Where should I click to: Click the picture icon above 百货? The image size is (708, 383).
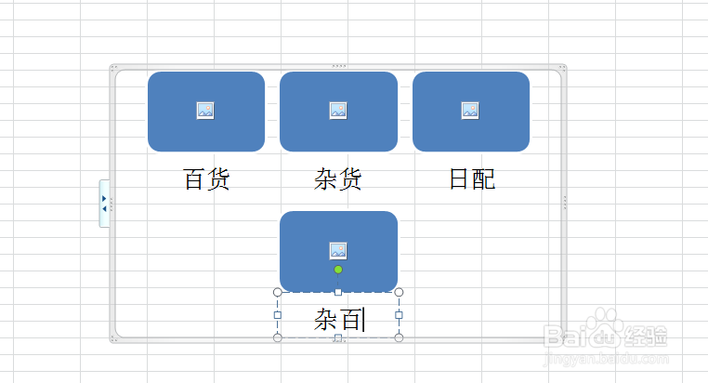pos(205,111)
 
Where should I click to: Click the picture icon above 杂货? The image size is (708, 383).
pos(338,111)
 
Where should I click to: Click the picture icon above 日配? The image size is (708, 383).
pos(470,111)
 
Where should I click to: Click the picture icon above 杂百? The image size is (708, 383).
pos(338,251)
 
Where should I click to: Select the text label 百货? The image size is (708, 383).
pos(207,178)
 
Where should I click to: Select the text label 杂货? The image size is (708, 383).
pos(338,178)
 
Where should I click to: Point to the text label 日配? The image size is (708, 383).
pos(472,178)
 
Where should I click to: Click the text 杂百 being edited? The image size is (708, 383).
pos(338,319)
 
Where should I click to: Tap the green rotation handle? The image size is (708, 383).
pos(338,270)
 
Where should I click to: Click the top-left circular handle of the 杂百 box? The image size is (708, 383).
pos(278,293)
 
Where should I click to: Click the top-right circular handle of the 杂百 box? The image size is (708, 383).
pos(399,293)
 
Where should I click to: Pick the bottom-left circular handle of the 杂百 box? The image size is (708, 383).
pos(278,337)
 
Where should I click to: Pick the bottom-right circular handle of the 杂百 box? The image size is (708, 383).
pos(399,337)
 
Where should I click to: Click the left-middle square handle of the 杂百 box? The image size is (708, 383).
pos(278,315)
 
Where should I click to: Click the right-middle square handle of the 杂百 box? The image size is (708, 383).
pos(399,315)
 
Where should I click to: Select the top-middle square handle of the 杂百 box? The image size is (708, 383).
pos(338,293)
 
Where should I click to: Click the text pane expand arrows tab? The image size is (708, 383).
pos(104,204)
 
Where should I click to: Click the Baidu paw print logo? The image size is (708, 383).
pos(605,326)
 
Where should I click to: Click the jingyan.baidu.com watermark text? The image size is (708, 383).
pos(607,360)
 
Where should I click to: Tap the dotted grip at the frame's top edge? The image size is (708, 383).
pos(338,66)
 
